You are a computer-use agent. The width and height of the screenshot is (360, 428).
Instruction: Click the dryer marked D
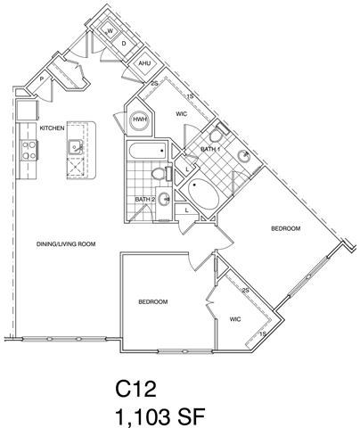coord(125,43)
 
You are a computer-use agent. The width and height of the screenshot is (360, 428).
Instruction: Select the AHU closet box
coord(144,64)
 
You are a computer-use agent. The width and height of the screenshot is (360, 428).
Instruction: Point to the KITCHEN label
coord(53,128)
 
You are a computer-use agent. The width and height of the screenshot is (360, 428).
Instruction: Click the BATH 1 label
coord(209,149)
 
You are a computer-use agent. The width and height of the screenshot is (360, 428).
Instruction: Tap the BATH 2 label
coord(144,199)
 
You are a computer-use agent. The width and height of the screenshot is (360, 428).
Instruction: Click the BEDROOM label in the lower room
coord(153,302)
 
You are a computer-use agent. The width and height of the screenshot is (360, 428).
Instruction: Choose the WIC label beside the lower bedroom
coord(235,318)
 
